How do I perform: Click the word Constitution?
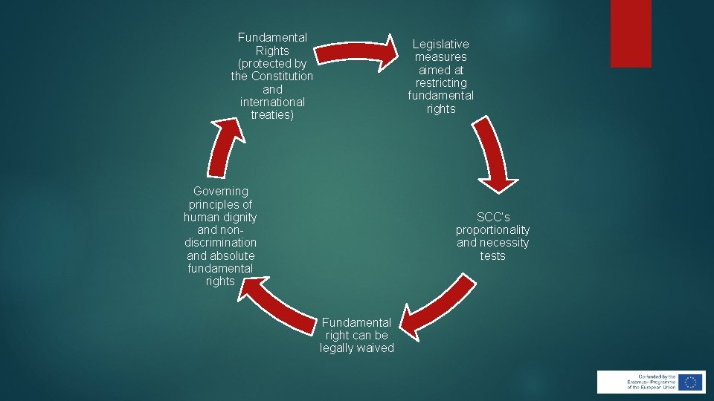(283, 76)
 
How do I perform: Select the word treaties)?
(272, 114)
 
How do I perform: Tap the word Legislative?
(441, 45)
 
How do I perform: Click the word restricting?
(441, 82)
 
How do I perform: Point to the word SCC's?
(493, 218)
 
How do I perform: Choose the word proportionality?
(493, 230)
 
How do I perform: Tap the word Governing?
(220, 192)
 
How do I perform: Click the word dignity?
(239, 218)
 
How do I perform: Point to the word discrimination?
(220, 243)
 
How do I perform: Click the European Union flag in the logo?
(691, 382)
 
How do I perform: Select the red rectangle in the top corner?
(631, 33)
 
